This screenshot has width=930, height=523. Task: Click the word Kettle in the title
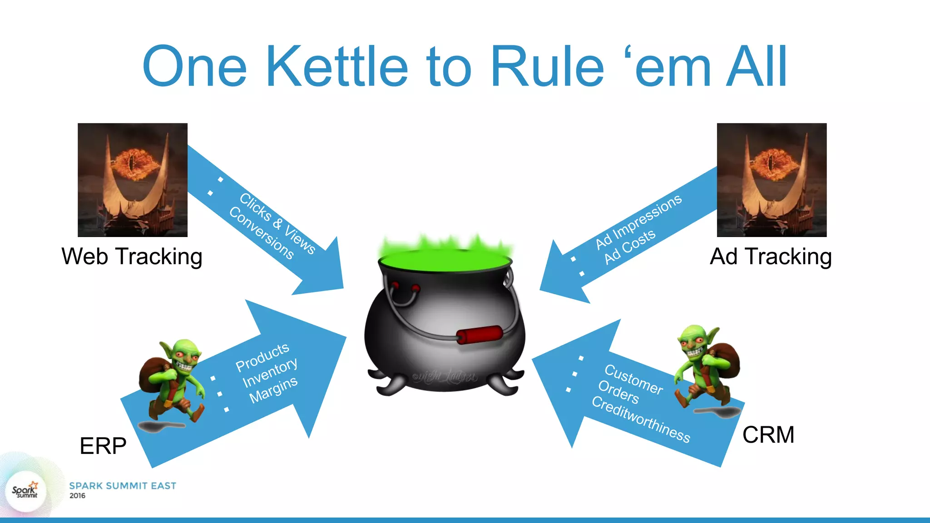(x=337, y=67)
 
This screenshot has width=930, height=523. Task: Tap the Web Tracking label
(x=132, y=257)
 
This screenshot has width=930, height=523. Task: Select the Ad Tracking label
(x=771, y=257)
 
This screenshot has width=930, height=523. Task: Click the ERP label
(x=103, y=446)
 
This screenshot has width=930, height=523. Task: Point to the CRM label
(x=768, y=435)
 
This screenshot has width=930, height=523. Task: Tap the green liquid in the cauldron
(x=445, y=261)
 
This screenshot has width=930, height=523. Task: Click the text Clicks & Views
(x=277, y=223)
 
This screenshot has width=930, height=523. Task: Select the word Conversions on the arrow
(x=261, y=232)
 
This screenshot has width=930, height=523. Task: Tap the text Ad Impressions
(x=638, y=221)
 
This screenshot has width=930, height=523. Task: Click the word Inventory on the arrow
(x=270, y=372)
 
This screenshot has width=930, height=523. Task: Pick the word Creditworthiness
(x=641, y=419)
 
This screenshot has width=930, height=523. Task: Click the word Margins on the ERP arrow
(x=273, y=390)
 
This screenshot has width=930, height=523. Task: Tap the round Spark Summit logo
(x=25, y=492)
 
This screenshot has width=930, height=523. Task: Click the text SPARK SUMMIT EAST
(x=123, y=486)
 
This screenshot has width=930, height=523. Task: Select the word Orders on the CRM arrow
(x=618, y=392)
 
